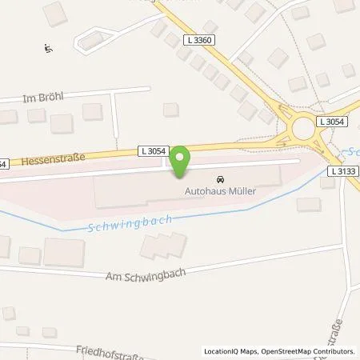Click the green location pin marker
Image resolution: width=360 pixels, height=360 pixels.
click(x=181, y=161)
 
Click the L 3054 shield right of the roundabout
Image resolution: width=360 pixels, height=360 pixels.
click(x=332, y=122)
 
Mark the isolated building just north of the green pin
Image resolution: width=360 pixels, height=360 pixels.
click(x=170, y=110)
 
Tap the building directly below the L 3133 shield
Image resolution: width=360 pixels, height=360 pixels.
click(x=326, y=182)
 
